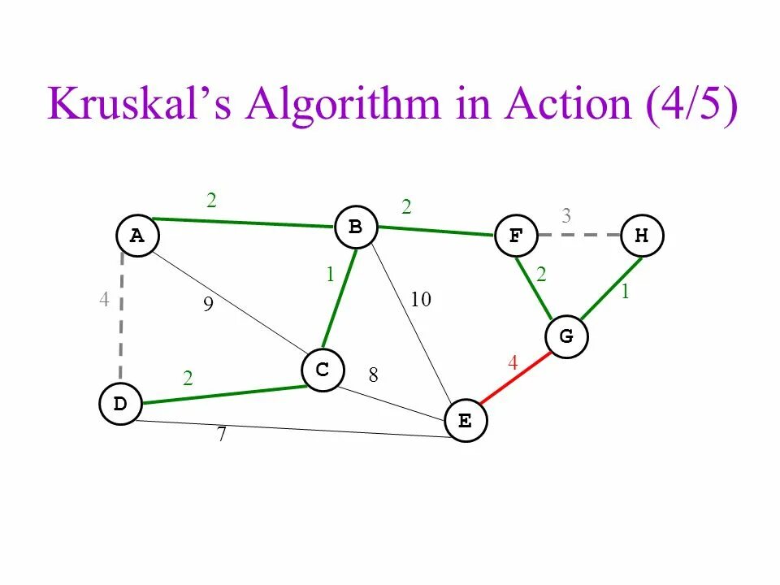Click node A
137,236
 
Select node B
356,227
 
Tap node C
323,370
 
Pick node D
120,405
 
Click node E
466,421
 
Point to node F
516,236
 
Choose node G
566,336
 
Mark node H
642,236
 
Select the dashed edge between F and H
578,236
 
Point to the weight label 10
420,300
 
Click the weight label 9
208,305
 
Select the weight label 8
373,375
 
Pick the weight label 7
221,435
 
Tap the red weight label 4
513,363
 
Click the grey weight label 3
566,216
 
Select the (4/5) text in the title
692,105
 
